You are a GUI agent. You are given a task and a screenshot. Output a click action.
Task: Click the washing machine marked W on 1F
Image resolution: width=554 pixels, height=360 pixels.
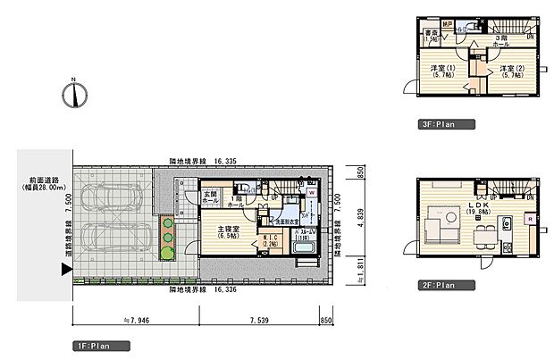(x=311, y=191)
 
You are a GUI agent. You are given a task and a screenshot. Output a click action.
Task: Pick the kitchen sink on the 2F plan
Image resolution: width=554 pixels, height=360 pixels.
(x=506, y=222)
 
